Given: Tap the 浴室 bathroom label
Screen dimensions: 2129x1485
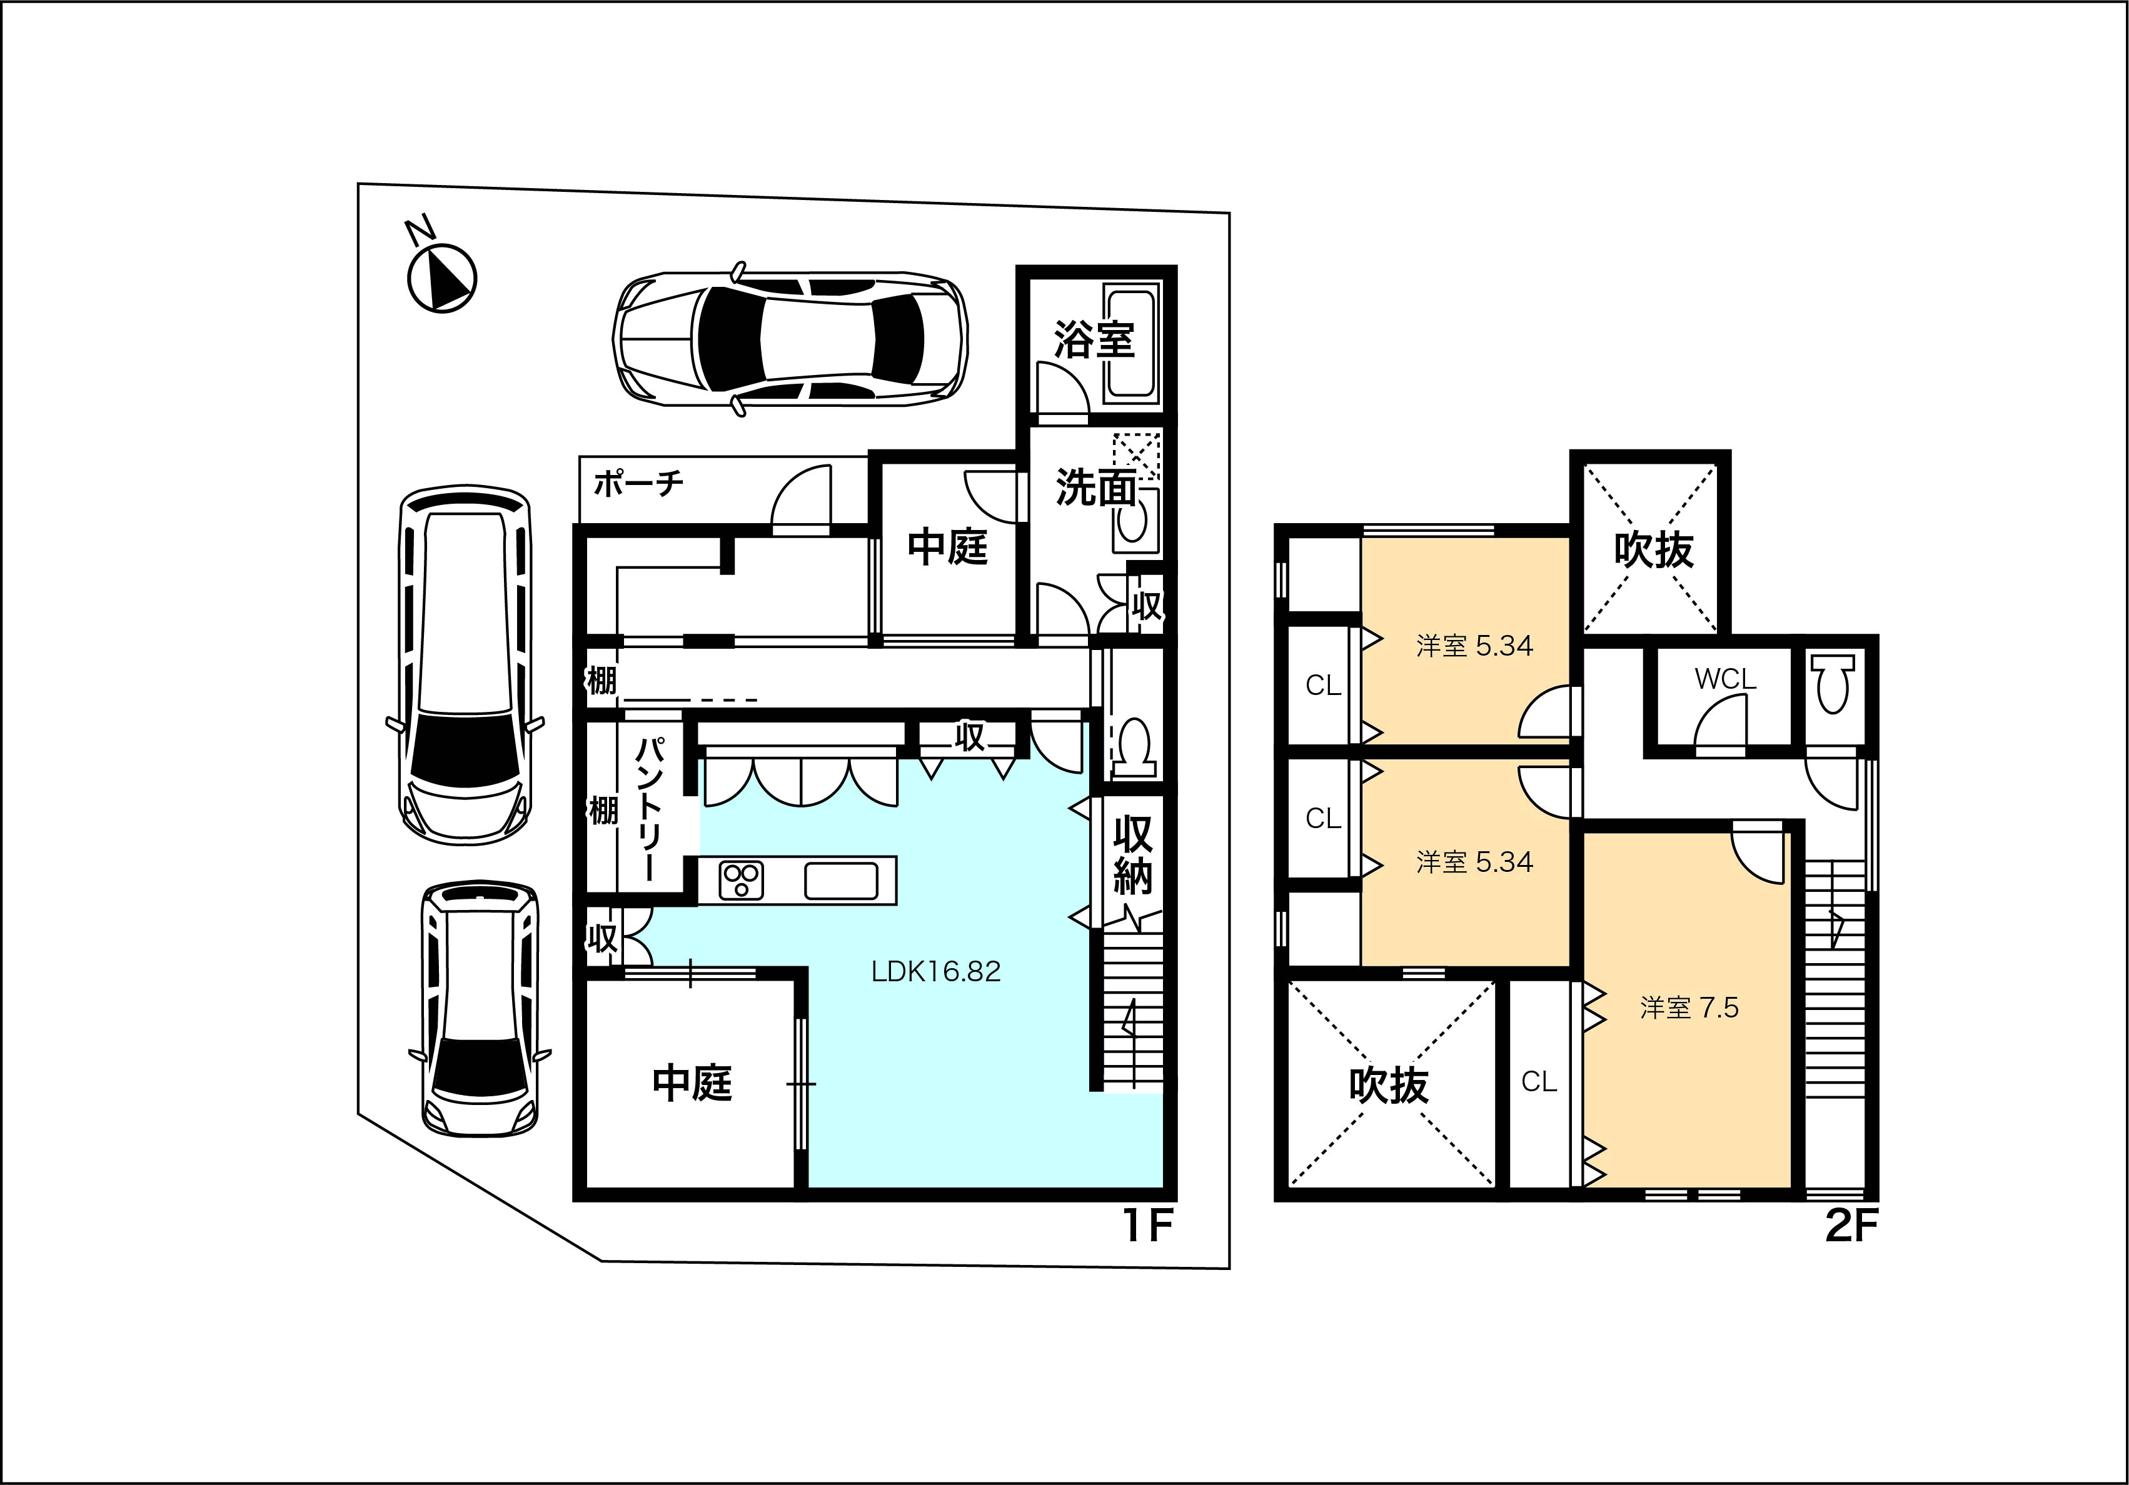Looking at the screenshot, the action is [x=1094, y=339].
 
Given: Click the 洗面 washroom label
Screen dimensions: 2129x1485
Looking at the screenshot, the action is [x=1096, y=487].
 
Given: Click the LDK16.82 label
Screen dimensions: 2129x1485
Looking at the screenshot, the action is [x=935, y=971].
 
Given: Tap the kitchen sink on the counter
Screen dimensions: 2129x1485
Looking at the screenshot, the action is [x=841, y=880].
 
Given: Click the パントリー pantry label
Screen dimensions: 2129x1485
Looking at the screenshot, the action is [x=650, y=808].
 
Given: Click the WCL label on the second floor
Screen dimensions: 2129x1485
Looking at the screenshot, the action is [x=1726, y=679].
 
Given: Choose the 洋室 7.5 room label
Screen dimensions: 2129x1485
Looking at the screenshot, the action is [x=1689, y=1007].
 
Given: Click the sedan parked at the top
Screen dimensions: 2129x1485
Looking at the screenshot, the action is [x=790, y=338].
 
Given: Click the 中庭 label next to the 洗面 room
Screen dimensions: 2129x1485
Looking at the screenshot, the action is [x=948, y=546].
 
